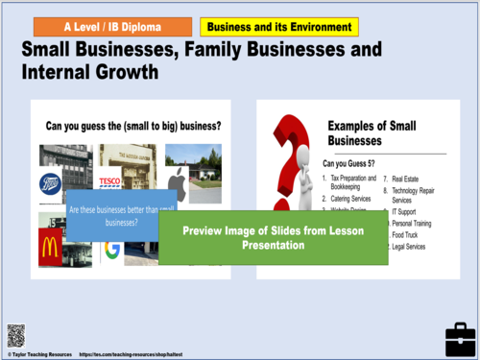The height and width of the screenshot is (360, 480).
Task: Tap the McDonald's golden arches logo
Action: click(x=50, y=246)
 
